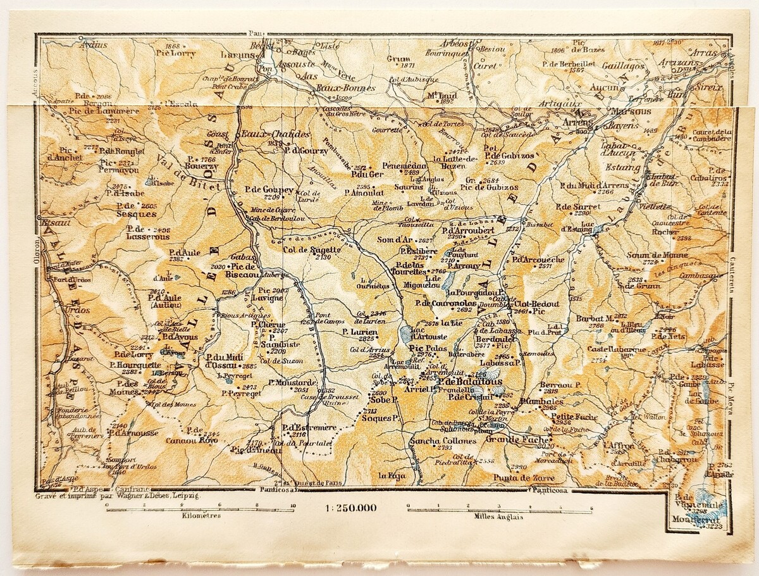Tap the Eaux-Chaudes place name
click(x=276, y=134)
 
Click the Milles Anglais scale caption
click(x=499, y=517)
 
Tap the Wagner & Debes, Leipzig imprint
click(x=119, y=497)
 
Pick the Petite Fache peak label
click(x=570, y=416)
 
